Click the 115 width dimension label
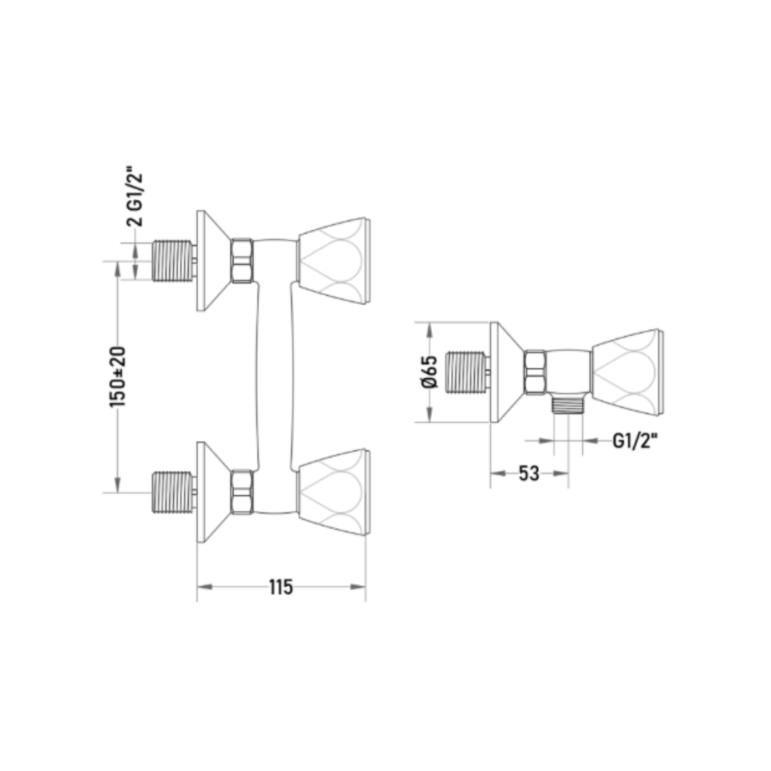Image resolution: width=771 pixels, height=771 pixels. click(281, 587)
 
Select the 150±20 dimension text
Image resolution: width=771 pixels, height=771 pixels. click(118, 377)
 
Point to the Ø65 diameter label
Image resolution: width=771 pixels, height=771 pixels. click(429, 372)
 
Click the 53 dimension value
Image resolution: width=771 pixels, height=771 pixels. click(529, 473)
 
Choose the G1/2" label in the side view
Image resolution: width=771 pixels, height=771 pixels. click(635, 441)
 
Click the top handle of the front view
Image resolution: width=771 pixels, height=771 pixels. click(334, 261)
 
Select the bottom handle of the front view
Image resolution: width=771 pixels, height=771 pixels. click(334, 492)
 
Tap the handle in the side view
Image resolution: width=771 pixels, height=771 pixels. click(628, 372)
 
